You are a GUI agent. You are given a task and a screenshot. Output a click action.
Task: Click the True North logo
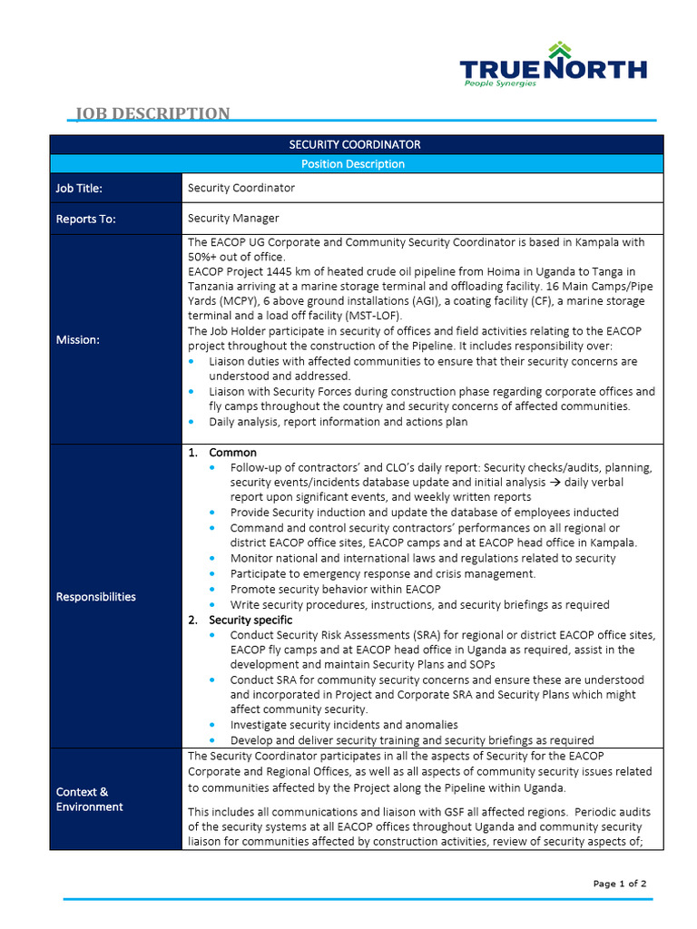point(553,67)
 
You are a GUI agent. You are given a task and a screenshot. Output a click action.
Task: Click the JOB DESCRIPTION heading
point(152,113)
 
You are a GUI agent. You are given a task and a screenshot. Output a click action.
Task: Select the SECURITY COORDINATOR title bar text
point(355,144)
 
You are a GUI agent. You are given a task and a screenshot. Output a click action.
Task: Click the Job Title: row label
point(79,189)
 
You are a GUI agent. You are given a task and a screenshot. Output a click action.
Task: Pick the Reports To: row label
point(85,219)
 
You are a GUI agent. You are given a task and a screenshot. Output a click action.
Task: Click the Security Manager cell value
point(233,218)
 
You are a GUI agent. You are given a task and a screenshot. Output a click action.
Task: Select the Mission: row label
point(77,339)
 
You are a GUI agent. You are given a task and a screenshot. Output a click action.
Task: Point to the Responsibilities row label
point(96,596)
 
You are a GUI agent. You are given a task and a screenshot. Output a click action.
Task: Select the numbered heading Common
point(232,452)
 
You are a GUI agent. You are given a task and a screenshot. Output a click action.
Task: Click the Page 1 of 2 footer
point(620,883)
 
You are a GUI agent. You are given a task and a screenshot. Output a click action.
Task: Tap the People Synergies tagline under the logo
point(500,83)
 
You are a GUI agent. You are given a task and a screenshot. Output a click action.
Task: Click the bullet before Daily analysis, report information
point(193,422)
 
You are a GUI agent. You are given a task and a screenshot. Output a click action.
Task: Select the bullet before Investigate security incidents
point(211,725)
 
